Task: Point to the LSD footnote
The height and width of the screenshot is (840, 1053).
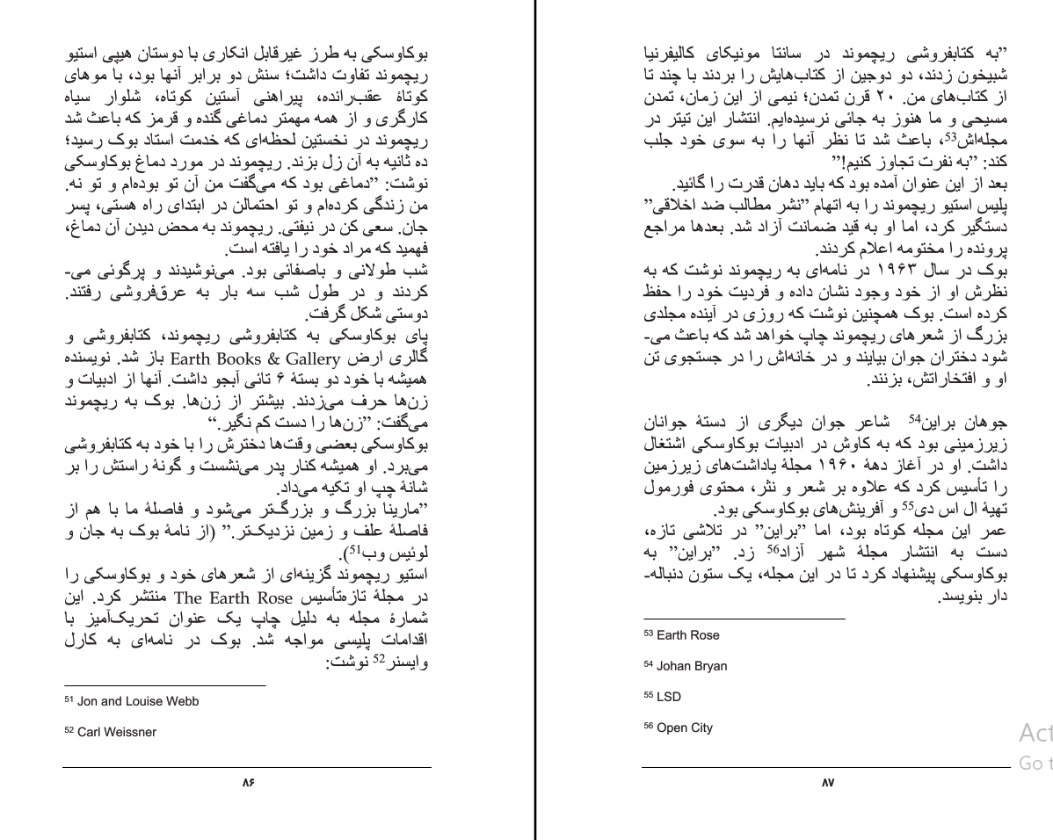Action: coord(669,697)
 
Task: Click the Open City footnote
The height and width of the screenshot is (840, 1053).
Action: coord(685,728)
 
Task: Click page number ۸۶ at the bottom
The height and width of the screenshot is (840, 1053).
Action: coord(247,782)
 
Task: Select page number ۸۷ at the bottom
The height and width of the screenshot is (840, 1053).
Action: coord(827,782)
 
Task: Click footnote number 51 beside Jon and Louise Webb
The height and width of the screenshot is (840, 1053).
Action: coord(69,699)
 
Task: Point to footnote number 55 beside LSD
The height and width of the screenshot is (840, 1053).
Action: coord(649,695)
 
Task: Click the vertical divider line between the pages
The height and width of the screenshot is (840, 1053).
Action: coord(535,420)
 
